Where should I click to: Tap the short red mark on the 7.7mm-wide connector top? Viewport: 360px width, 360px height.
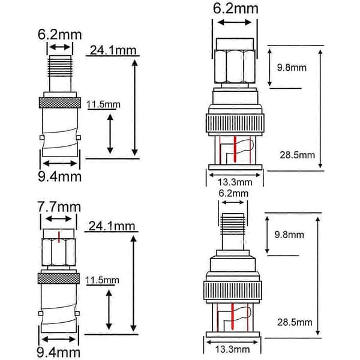tap(59, 237)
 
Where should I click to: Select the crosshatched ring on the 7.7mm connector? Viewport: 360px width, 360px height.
tap(59, 278)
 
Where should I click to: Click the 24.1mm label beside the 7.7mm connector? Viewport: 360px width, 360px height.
tap(112, 226)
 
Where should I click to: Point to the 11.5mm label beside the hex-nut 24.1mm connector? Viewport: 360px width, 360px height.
tap(102, 280)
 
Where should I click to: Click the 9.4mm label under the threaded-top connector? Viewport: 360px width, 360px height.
tap(59, 177)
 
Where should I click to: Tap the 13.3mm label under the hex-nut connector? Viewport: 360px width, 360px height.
tap(235, 182)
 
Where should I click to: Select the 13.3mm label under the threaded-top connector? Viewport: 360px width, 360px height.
tap(232, 349)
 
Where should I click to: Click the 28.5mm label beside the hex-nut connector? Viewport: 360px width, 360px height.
tap(298, 155)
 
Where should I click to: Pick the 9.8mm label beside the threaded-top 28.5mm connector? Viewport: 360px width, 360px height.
tap(289, 235)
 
